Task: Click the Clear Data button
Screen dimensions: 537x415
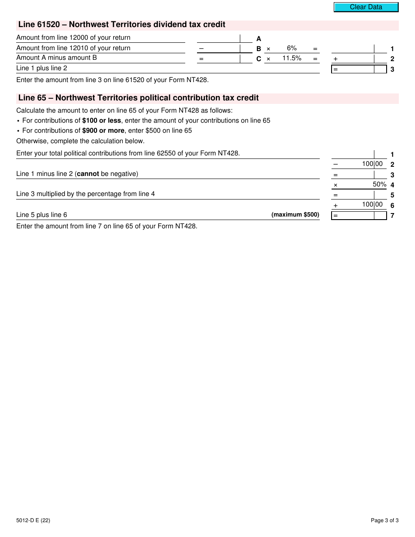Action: [x=366, y=7]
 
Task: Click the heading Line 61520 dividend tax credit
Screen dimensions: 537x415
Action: [x=122, y=25]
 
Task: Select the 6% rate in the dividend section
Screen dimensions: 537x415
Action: [x=292, y=48]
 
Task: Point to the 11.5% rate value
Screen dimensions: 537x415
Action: [x=292, y=58]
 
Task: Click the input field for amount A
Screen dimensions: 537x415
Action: [x=218, y=38]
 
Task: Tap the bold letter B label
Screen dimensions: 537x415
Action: [x=259, y=49]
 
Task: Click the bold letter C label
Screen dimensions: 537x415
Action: [x=259, y=59]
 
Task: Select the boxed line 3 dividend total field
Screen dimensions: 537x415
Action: [x=359, y=69]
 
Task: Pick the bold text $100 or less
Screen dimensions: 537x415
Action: [x=101, y=120]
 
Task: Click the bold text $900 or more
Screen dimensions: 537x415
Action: [x=103, y=131]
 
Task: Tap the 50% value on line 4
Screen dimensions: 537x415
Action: [x=379, y=185]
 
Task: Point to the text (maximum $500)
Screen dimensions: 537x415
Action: [x=295, y=215]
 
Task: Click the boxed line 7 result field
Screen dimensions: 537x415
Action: [x=359, y=215]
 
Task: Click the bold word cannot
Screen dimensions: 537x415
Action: [x=88, y=174]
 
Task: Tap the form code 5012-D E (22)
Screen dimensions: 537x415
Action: [x=33, y=520]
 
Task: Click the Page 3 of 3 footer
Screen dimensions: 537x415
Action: [x=384, y=520]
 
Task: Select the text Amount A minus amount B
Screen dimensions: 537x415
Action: [x=57, y=58]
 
